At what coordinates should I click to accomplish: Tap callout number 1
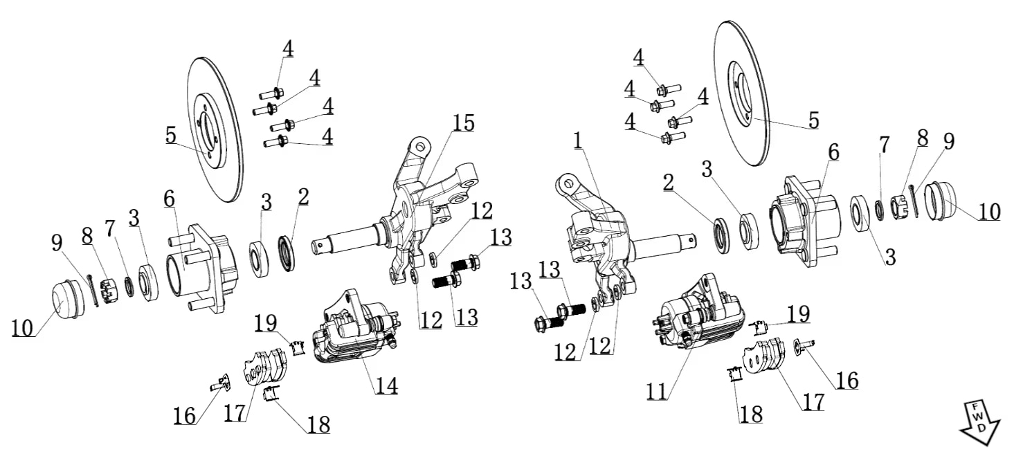pos(579,140)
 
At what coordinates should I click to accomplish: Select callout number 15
pos(464,123)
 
